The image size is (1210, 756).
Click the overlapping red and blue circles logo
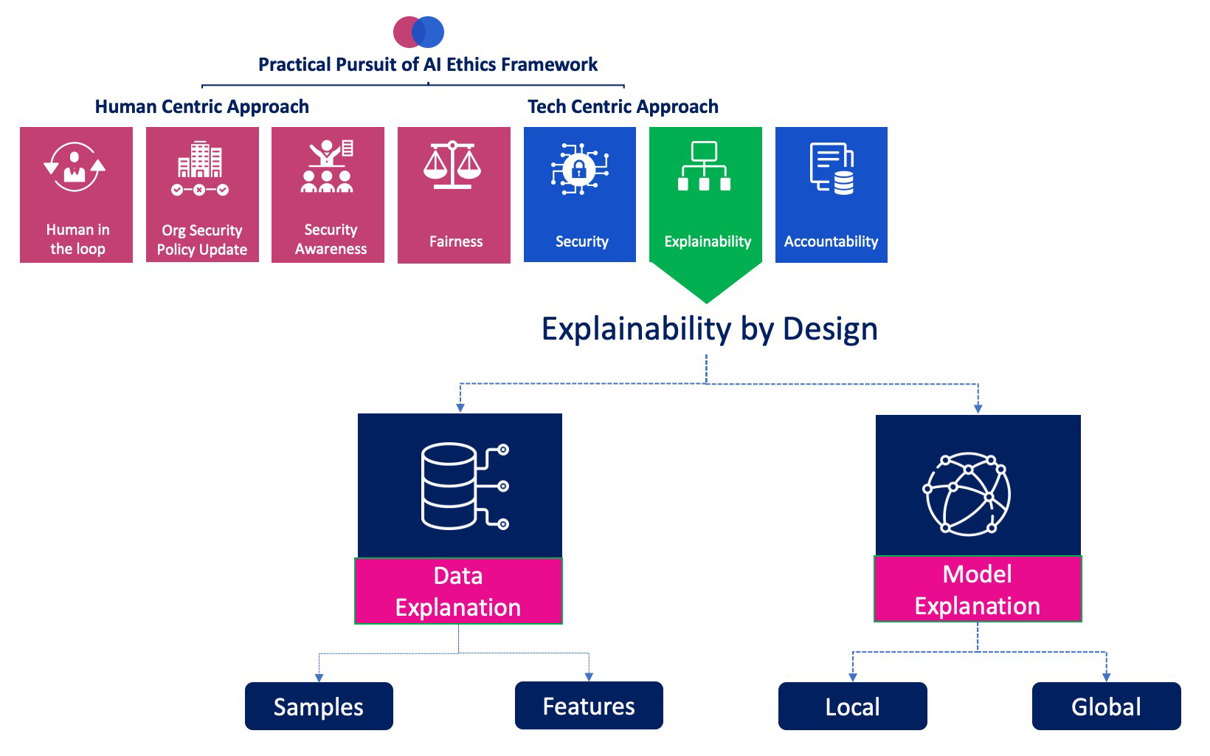pos(418,32)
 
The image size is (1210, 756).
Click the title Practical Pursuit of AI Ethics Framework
pos(428,65)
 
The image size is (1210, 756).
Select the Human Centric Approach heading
pos(201,107)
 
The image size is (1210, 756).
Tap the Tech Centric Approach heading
pos(623,107)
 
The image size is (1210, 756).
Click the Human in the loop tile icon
pos(75,168)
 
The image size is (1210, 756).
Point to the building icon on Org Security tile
pos(200,160)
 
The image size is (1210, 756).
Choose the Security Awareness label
pos(331,239)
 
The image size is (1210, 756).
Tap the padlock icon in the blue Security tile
pos(579,169)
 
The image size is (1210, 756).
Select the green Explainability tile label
pos(708,241)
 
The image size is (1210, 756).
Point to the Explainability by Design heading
pos(710,329)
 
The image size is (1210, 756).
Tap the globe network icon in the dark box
pos(967,493)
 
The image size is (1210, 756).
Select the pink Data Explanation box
pos(458,591)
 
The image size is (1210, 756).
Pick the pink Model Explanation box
pos(978,589)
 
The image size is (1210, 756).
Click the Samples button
pos(319,707)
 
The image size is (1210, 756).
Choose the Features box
pos(589,706)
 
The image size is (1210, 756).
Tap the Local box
pos(852,707)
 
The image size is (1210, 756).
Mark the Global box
pos(1106,707)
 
